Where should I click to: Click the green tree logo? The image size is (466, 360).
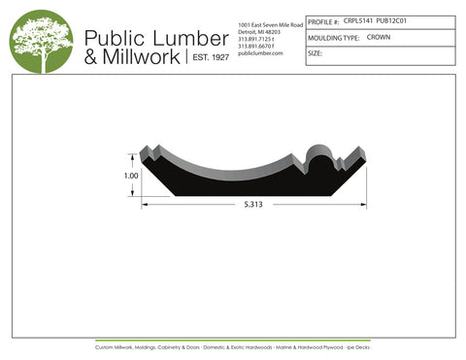42,43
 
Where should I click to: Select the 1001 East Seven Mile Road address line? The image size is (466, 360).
270,23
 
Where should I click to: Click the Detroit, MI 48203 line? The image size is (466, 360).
259,31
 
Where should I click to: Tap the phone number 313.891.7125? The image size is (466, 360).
257,39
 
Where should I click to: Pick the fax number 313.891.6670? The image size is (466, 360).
257,46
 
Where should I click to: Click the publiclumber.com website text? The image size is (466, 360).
259,53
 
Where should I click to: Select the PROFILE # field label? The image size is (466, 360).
323,20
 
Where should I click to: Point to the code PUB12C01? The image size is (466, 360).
393,19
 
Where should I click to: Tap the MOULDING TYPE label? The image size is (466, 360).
333,37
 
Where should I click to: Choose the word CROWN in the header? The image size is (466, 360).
379,36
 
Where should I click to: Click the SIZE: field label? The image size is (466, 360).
315,53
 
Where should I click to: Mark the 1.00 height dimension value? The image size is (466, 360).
131,177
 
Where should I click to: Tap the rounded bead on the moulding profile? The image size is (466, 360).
319,153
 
